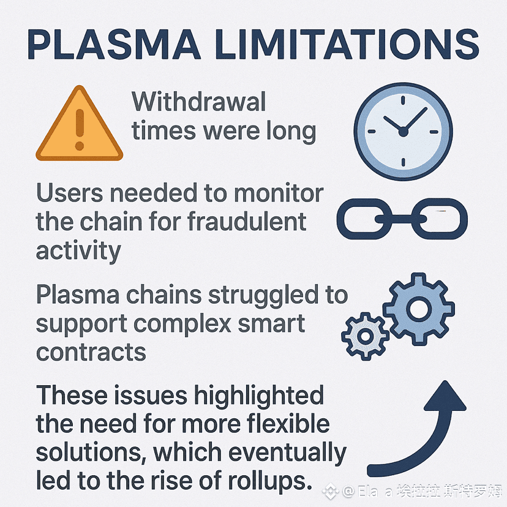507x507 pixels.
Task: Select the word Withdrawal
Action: (x=199, y=102)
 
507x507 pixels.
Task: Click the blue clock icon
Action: (x=404, y=130)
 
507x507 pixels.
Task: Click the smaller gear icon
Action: (x=365, y=336)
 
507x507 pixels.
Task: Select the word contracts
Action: (x=91, y=351)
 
